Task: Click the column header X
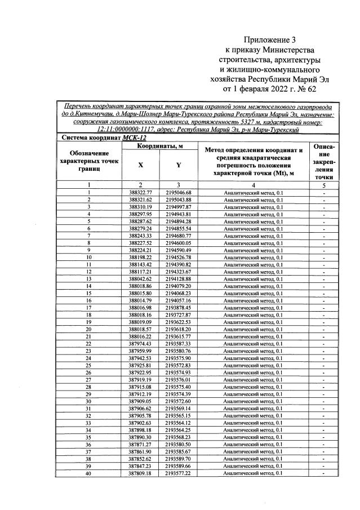point(140,165)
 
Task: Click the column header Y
point(179,165)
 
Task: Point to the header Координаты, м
point(159,147)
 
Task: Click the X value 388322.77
point(140,193)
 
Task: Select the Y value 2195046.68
point(179,193)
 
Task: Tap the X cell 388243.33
point(140,235)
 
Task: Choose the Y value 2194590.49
point(179,250)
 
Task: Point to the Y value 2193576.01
point(179,379)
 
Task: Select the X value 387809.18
point(140,473)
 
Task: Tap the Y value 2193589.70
point(179,459)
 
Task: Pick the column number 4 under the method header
point(253,185)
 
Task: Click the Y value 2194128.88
point(179,278)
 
